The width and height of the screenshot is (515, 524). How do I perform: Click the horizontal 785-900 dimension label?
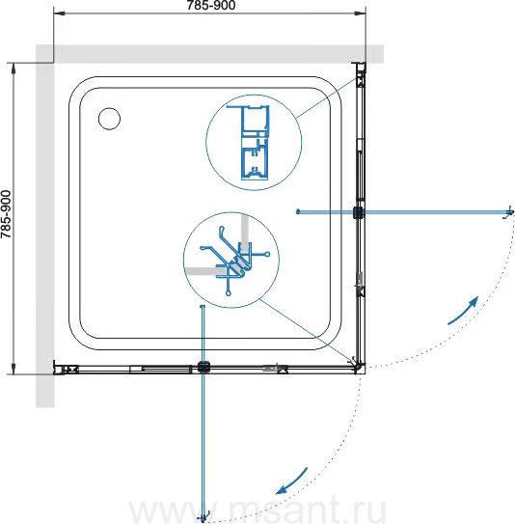click(211, 5)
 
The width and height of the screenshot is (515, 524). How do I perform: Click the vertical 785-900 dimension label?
click(6, 214)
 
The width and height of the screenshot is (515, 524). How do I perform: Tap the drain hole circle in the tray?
click(110, 119)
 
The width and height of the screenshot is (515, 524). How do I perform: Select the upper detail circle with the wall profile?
click(254, 143)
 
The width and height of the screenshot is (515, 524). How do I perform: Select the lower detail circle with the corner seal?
click(231, 260)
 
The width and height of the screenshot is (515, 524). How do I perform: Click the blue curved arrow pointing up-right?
click(464, 310)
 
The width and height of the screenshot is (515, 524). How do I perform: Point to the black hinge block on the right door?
click(359, 212)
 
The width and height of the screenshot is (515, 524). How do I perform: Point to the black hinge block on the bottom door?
click(203, 367)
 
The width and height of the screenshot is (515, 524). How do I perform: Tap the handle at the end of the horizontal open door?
click(509, 212)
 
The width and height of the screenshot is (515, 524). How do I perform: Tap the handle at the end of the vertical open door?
click(204, 517)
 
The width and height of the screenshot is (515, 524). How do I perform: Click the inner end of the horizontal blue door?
click(298, 211)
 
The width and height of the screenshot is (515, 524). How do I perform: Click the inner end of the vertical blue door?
click(203, 307)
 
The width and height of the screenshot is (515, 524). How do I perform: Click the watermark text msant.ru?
click(257, 510)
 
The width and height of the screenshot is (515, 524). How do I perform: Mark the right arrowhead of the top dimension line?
click(361, 14)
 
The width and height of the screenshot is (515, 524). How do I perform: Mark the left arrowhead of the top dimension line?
click(59, 14)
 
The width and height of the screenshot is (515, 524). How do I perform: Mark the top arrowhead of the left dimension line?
click(14, 69)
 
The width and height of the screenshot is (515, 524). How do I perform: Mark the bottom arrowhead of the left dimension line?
click(14, 369)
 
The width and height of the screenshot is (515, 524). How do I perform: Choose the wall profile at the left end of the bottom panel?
click(66, 368)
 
